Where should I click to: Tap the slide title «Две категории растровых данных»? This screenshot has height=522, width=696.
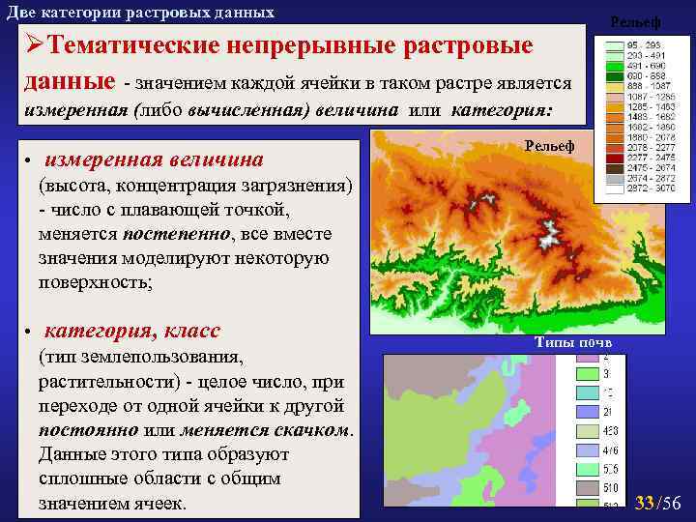click(140, 13)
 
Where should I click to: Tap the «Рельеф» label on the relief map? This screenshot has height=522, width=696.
click(548, 145)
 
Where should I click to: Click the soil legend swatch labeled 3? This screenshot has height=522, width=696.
click(588, 374)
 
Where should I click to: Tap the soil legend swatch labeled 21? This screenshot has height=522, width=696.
click(588, 412)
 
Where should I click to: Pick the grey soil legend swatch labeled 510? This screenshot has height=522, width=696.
click(588, 487)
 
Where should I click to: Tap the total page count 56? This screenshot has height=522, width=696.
click(672, 503)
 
